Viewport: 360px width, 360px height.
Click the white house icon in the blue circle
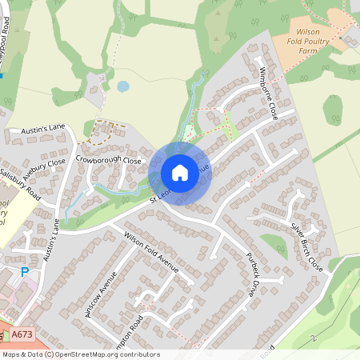(x=180, y=173)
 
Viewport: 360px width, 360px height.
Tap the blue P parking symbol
(x=24, y=272)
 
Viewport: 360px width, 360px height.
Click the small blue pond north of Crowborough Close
(x=122, y=86)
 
